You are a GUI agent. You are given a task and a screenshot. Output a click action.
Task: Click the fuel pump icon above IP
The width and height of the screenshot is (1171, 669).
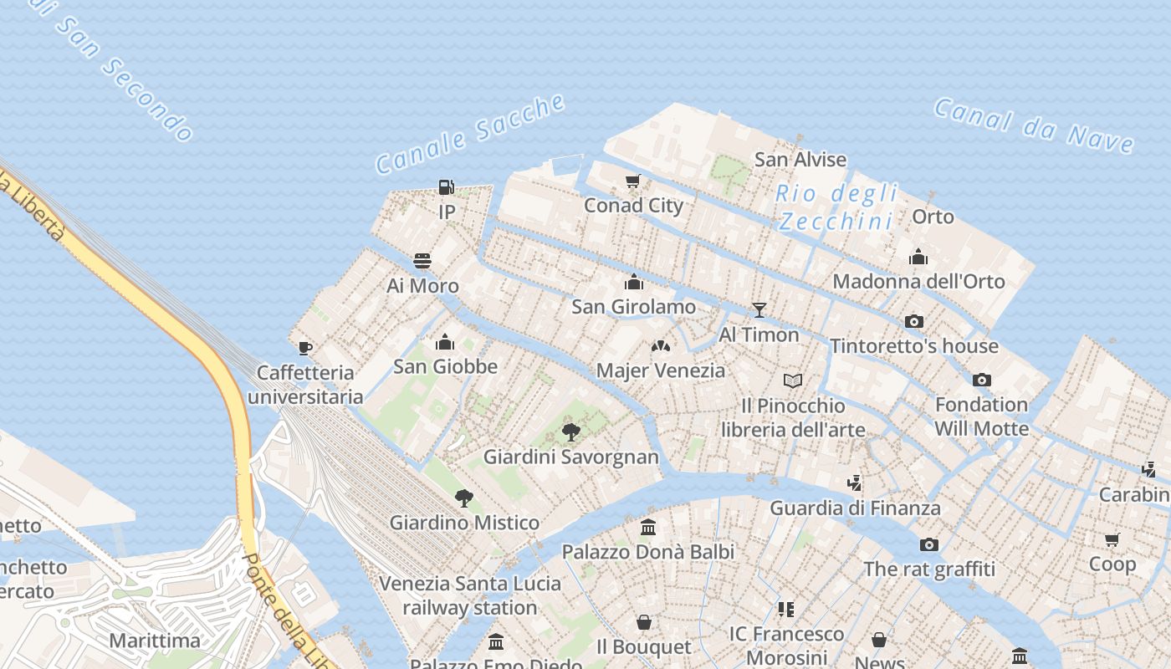pos(447,186)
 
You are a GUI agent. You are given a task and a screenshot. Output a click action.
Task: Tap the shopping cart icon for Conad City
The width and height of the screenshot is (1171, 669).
pos(633,181)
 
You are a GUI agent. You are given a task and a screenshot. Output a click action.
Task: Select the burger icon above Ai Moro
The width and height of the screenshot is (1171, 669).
pos(422,261)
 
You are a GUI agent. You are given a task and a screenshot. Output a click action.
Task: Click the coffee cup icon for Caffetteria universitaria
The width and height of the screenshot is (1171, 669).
pos(305,348)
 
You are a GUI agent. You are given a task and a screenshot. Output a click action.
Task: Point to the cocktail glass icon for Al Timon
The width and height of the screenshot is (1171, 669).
pos(759,310)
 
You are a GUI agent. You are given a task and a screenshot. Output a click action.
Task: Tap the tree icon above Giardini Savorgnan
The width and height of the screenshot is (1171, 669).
pos(571,432)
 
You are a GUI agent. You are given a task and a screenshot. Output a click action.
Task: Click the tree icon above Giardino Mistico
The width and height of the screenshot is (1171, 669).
pos(464,498)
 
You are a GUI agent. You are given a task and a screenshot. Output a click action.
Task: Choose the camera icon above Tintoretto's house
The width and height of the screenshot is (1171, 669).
pos(914,321)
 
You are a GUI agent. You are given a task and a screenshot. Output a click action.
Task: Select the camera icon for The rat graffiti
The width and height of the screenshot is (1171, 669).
pos(929,545)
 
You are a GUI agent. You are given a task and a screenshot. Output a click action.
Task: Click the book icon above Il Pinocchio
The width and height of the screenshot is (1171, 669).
pos(793,381)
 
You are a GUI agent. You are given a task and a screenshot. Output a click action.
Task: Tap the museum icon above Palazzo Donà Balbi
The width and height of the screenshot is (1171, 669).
pos(648,527)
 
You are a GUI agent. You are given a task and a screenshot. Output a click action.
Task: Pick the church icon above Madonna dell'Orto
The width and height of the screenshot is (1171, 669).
pos(918,257)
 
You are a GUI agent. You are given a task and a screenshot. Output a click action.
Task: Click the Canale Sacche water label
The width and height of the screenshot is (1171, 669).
pos(471,135)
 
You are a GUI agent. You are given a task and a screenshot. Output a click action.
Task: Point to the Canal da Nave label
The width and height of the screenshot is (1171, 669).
pos(1034,125)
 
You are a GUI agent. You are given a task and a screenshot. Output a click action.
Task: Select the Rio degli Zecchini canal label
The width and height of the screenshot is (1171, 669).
pos(836,207)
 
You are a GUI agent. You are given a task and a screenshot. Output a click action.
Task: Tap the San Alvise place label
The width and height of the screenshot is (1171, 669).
pos(800,159)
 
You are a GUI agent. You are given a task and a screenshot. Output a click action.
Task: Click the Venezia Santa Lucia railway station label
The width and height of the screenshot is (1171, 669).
pos(470,595)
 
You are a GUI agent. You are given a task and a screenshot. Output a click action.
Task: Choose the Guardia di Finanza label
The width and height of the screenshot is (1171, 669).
pos(855,508)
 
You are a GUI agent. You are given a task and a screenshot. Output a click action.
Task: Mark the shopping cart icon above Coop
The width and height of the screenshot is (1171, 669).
pos(1112,539)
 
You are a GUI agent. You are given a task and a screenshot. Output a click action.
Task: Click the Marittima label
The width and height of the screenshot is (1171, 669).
pos(155,641)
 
